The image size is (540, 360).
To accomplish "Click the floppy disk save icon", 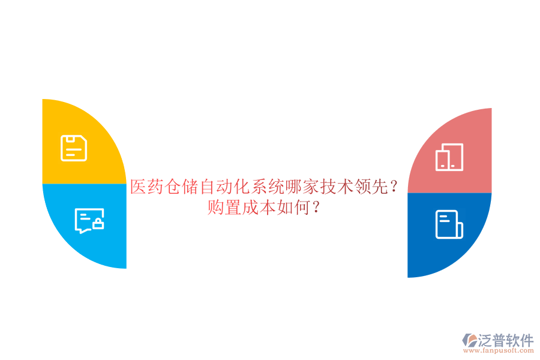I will coord(74,148).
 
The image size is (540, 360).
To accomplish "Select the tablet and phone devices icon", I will coord(449,157).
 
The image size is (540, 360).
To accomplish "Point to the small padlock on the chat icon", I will coord(98,225).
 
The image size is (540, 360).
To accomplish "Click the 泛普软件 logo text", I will coord(505,341).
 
